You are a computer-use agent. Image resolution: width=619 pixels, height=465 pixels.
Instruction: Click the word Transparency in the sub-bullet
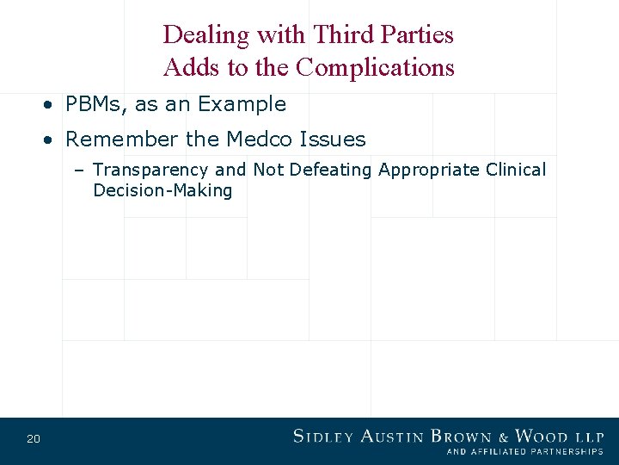[150, 170]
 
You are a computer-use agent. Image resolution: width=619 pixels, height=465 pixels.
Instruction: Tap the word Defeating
[330, 170]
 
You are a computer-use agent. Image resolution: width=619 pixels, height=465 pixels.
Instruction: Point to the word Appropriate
[428, 170]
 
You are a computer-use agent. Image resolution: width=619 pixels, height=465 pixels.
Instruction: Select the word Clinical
[515, 170]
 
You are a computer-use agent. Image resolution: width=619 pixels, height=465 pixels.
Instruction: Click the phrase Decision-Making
[162, 190]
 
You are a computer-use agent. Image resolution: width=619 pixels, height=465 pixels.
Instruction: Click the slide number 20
[34, 439]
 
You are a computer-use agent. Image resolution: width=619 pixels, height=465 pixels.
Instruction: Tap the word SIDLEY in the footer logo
[323, 436]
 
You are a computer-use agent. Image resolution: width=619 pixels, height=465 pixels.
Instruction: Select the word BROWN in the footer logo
[461, 436]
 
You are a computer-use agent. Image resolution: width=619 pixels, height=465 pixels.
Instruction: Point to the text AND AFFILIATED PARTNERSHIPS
[524, 451]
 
